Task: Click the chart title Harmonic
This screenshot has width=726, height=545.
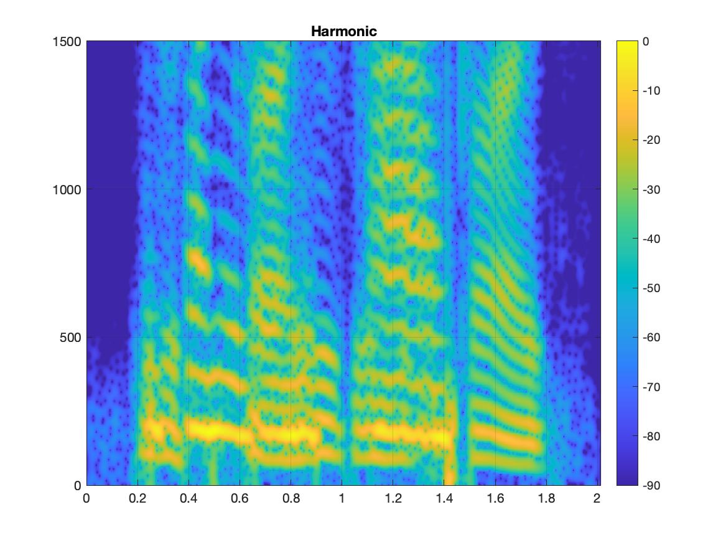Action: point(343,31)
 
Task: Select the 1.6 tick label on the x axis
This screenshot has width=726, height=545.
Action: point(495,498)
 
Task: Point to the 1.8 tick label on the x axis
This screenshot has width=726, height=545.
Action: point(546,498)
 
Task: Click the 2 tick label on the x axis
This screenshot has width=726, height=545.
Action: point(597,498)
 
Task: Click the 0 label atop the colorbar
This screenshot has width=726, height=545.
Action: point(646,42)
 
